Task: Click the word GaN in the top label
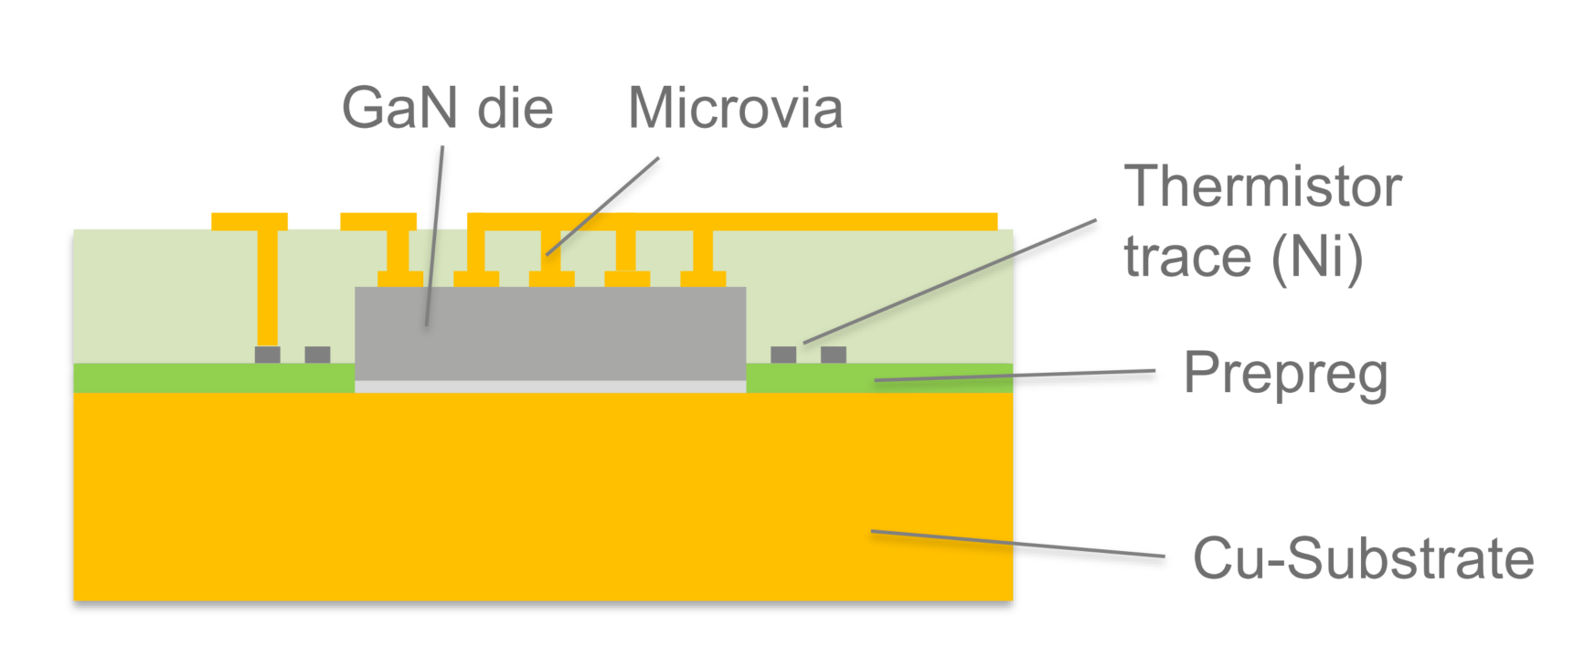coord(399,108)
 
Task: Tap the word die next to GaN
coord(516,108)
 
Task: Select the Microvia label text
coord(735,108)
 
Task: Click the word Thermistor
coord(1262,186)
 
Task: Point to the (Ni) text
coord(1317,257)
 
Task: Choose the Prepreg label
coord(1285,375)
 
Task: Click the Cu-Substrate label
coord(1364,558)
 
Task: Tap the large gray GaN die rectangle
coord(550,334)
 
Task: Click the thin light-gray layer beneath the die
coord(550,387)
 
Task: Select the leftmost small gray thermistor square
coord(268,355)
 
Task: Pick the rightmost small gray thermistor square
coord(834,355)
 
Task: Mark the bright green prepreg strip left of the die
coord(214,378)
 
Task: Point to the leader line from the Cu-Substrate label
coord(1017,544)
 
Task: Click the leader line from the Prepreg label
coord(1015,376)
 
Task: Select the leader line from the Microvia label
coord(602,207)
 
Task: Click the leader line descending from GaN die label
coord(435,236)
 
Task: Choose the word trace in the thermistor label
coord(1187,257)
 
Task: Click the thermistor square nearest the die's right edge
coord(783,355)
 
